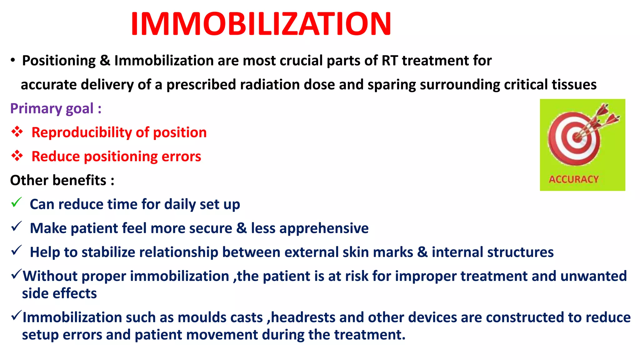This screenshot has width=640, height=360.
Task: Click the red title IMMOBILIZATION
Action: coord(261,24)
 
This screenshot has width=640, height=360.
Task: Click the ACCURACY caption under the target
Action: coord(574,179)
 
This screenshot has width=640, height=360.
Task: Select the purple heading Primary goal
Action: coord(56,108)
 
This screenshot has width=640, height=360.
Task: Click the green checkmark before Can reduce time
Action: coord(16,202)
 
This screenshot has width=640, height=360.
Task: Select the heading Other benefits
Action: coord(62,180)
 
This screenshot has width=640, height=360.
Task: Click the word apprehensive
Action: coord(324,228)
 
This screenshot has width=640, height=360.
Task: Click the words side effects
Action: coord(59,293)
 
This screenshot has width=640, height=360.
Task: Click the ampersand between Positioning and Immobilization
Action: coord(105,61)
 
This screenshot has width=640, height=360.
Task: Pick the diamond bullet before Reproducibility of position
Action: coord(17,132)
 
